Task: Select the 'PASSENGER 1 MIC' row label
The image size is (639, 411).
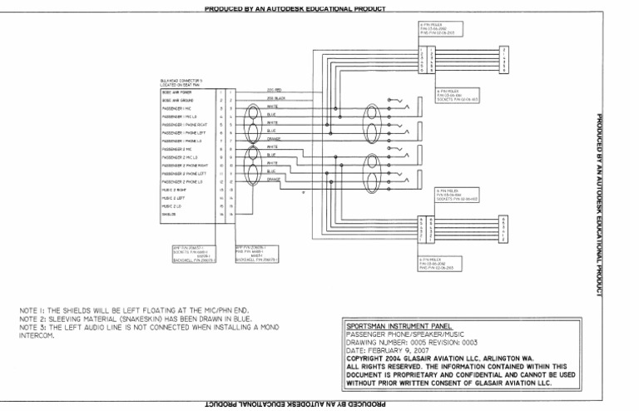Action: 176,108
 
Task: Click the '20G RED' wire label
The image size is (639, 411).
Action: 275,90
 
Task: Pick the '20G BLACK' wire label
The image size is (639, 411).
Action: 276,98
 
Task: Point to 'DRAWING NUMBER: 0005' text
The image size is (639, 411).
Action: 384,342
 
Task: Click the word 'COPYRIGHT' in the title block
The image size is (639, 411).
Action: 369,358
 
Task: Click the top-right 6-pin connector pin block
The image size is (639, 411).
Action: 504,61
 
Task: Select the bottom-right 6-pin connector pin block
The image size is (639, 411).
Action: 504,227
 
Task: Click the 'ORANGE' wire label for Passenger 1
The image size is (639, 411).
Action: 274,138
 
